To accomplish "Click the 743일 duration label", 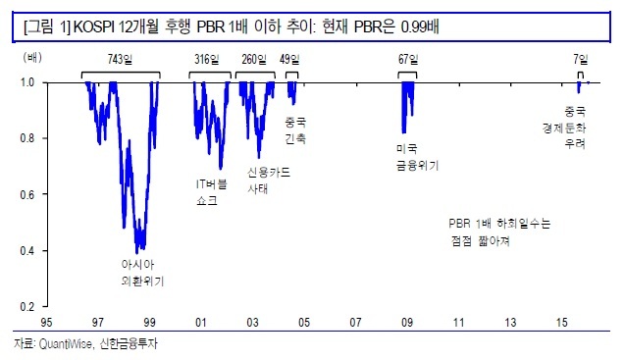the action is (120, 59).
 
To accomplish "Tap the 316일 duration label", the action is (207, 59).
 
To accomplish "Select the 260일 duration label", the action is (254, 59).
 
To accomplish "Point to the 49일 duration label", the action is (289, 59).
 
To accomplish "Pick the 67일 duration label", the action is (408, 59).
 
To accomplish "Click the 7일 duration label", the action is (581, 59).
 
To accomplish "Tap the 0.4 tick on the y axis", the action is (27, 251).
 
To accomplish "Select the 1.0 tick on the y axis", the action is (27, 82).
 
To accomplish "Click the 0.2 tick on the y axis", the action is (27, 307).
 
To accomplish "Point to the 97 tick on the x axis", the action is (97, 322).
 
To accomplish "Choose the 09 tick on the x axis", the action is (407, 322).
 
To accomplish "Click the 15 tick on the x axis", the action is (561, 322).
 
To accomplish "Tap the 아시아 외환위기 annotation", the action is (142, 273).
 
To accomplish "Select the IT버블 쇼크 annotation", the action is (211, 192).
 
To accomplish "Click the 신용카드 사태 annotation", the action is (269, 180).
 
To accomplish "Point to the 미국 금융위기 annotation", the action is (417, 157).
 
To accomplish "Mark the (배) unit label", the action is (32, 58).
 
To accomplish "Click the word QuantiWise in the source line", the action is (66, 343).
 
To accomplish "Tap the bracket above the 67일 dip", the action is (407, 73).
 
